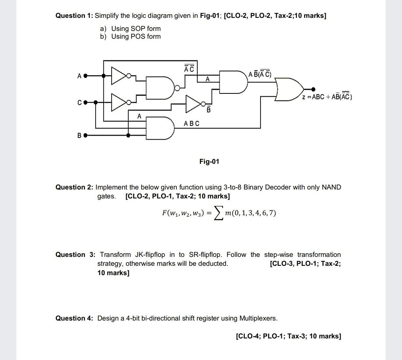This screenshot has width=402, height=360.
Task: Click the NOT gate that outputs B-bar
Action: click(194, 102)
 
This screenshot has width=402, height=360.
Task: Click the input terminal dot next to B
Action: click(85, 136)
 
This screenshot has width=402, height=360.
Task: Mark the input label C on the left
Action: click(79, 102)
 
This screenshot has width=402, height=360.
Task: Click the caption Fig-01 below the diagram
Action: click(209, 162)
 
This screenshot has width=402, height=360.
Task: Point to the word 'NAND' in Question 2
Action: click(331, 187)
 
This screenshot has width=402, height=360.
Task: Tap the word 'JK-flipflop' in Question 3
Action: click(149, 255)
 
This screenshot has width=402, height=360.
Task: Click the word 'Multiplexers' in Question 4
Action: click(258, 318)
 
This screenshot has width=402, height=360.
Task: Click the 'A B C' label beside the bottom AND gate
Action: click(192, 123)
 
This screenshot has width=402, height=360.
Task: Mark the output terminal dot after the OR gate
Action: click(313, 89)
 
